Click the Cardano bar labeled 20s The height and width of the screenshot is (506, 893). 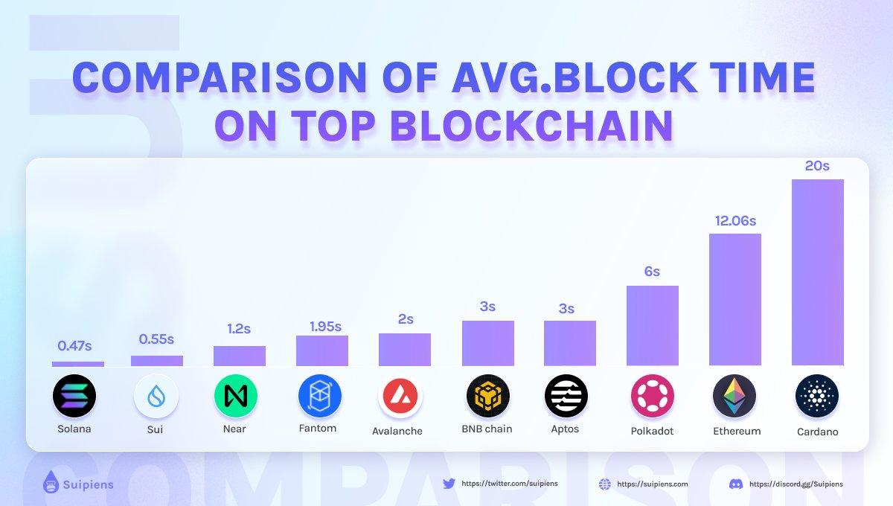[x=817, y=272]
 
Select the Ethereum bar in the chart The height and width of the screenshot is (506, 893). [x=734, y=299]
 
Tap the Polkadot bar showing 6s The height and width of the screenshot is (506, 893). [x=652, y=325]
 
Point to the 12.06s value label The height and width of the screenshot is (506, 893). [x=735, y=221]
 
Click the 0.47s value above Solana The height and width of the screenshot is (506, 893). [x=74, y=345]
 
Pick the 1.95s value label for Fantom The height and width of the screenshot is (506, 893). [x=325, y=327]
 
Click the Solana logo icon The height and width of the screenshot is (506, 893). [x=74, y=396]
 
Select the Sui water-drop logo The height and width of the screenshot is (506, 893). [x=156, y=396]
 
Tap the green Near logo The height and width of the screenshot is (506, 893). [x=235, y=396]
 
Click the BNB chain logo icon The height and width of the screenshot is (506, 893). [x=488, y=396]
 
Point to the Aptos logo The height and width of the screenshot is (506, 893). [x=566, y=396]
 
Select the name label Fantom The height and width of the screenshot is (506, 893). [x=317, y=428]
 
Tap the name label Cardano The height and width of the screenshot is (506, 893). [x=816, y=432]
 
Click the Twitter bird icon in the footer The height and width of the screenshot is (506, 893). [x=449, y=484]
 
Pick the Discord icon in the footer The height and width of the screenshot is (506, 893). [x=736, y=484]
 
